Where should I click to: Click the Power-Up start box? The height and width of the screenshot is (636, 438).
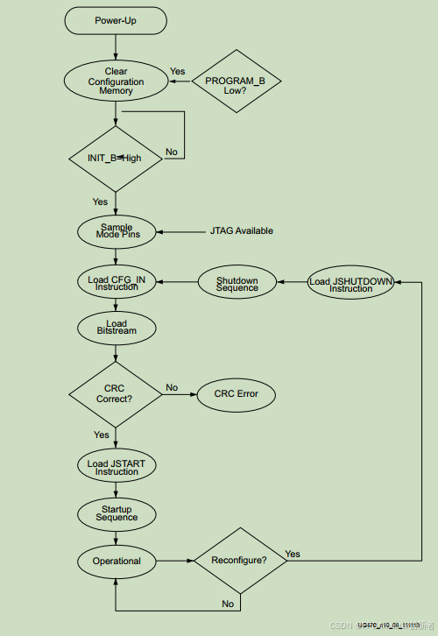tap(116, 21)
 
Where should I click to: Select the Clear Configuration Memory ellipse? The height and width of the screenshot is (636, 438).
tap(116, 81)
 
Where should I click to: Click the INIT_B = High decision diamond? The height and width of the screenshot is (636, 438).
tap(116, 159)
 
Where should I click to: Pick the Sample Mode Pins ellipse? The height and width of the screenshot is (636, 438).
tap(116, 231)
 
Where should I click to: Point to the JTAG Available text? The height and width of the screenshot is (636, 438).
tap(242, 231)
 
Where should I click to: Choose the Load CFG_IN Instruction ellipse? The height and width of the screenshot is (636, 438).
tap(116, 282)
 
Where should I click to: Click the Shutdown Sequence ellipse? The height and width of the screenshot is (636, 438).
tap(237, 282)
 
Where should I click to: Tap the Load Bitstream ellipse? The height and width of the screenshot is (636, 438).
tap(116, 329)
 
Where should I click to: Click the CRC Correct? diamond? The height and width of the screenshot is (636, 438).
tap(116, 393)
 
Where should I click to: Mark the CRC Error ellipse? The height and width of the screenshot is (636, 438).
tap(237, 393)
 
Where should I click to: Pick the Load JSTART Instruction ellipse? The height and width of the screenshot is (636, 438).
tap(116, 467)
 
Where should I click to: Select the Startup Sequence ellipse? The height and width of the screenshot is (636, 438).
tap(116, 513)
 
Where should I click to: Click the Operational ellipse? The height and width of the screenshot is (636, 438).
tap(116, 561)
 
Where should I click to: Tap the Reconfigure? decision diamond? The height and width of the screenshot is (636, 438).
tap(240, 561)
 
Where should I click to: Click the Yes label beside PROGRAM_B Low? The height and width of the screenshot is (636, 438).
tap(177, 72)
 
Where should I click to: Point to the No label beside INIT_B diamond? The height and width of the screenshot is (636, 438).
tap(171, 152)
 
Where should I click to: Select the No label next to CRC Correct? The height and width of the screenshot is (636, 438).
tap(172, 387)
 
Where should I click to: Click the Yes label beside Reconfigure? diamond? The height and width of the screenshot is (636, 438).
tap(293, 554)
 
